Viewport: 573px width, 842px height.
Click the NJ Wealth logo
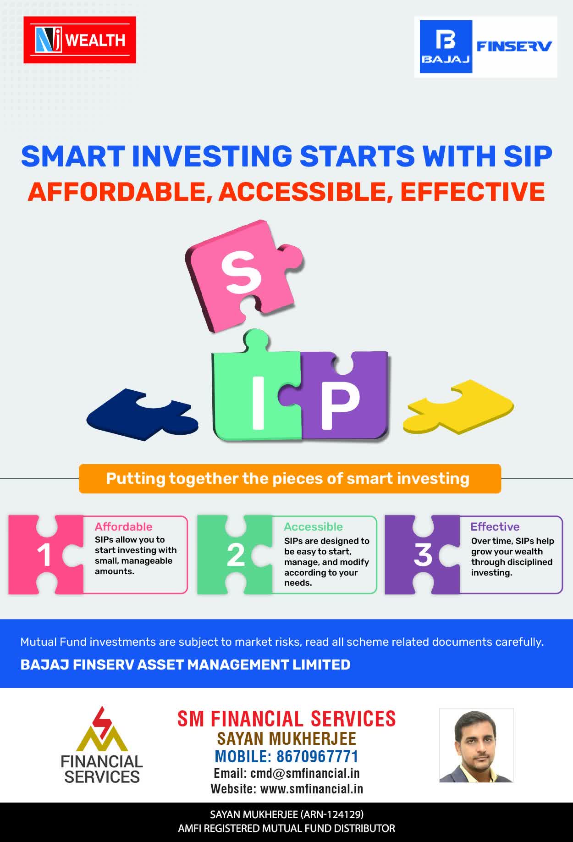click(80, 40)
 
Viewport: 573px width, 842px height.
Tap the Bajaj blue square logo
click(446, 47)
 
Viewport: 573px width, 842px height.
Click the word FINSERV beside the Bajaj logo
click(514, 46)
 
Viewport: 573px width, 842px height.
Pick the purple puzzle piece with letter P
click(344, 397)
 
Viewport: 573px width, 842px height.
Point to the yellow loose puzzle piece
click(458, 406)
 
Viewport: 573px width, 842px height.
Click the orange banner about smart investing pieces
click(290, 479)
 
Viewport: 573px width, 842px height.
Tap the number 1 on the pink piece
click(44, 555)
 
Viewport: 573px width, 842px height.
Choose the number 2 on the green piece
click(236, 555)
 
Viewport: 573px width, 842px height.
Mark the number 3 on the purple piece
click(423, 555)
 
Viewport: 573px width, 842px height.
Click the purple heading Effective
click(495, 526)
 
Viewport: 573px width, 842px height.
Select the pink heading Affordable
click(124, 526)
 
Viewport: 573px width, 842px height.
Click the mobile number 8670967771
click(318, 756)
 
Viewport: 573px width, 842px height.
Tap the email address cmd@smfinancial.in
click(305, 773)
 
